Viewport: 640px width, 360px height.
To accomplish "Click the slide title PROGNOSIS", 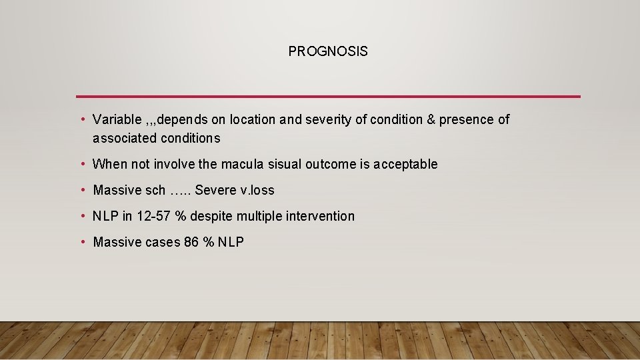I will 327,51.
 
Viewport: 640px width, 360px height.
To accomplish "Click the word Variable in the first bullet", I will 117,120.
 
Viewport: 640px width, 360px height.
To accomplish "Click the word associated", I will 125,139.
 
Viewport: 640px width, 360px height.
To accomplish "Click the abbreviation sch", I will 155,191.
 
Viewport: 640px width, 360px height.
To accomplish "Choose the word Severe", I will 215,191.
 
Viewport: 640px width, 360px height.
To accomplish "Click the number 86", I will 191,243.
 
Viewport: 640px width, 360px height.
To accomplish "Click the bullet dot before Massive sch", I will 82,190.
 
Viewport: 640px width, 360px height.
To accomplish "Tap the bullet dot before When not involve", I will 82,164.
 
